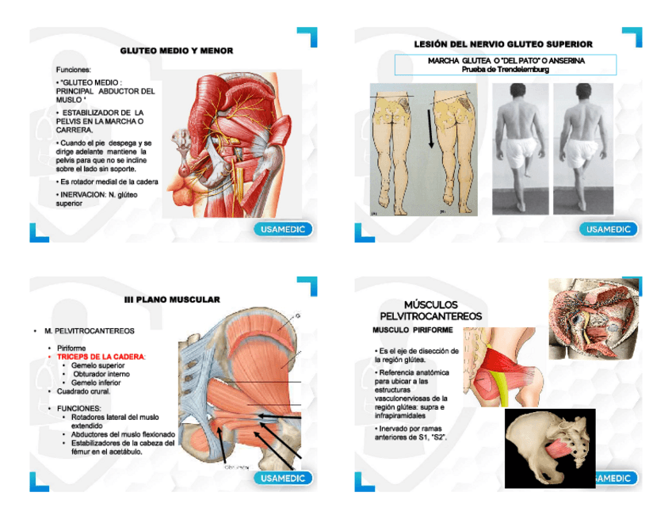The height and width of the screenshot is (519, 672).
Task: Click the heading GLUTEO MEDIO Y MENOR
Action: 176,51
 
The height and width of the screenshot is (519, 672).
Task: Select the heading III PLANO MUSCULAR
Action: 172,300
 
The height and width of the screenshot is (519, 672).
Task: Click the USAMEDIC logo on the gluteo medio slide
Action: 284,230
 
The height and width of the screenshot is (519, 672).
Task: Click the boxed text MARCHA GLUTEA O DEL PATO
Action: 506,60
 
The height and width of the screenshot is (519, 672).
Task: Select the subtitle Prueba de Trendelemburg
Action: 505,70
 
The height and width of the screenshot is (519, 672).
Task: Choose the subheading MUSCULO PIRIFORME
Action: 413,330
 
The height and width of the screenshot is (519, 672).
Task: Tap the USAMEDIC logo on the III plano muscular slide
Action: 284,479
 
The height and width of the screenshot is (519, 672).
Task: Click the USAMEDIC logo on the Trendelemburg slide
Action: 609,230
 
